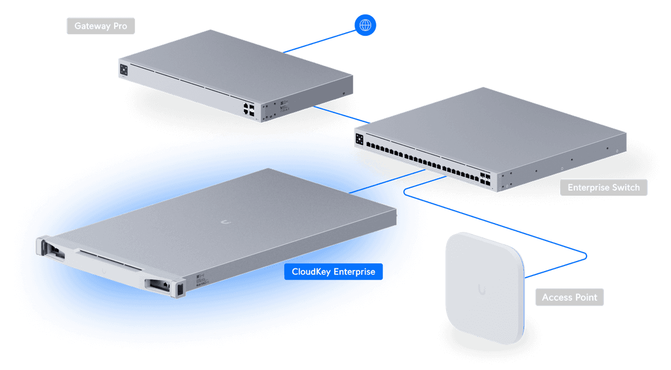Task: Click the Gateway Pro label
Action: (101, 26)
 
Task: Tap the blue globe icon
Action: (365, 25)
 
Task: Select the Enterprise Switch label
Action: (603, 188)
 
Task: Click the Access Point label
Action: (569, 297)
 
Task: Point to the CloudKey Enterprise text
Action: (333, 272)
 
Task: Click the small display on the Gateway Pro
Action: (124, 69)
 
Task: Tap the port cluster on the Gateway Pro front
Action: (249, 109)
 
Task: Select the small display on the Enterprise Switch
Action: (359, 137)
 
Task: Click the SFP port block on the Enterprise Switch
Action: (484, 180)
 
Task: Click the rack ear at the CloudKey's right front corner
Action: (181, 289)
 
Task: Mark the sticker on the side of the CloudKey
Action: (202, 278)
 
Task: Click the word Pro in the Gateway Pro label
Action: (120, 26)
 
